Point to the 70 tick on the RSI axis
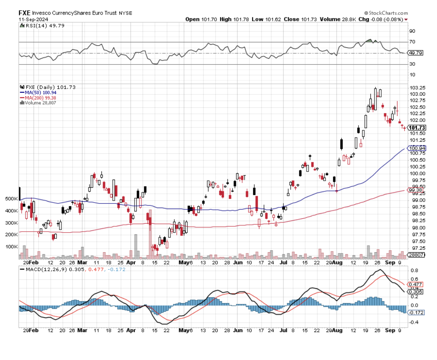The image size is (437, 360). tap(412, 42)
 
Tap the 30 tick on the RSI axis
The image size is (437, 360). tap(412, 64)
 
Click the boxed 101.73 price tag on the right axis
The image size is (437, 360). tap(417, 128)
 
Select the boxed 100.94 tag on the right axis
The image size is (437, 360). tap(417, 148)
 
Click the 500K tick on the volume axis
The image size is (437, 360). tap(12, 199)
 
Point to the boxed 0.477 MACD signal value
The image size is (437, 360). tap(415, 284)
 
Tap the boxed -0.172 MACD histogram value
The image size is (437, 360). tap(416, 313)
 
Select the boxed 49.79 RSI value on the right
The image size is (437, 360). tap(416, 53)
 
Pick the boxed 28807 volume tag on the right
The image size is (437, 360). tap(416, 255)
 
